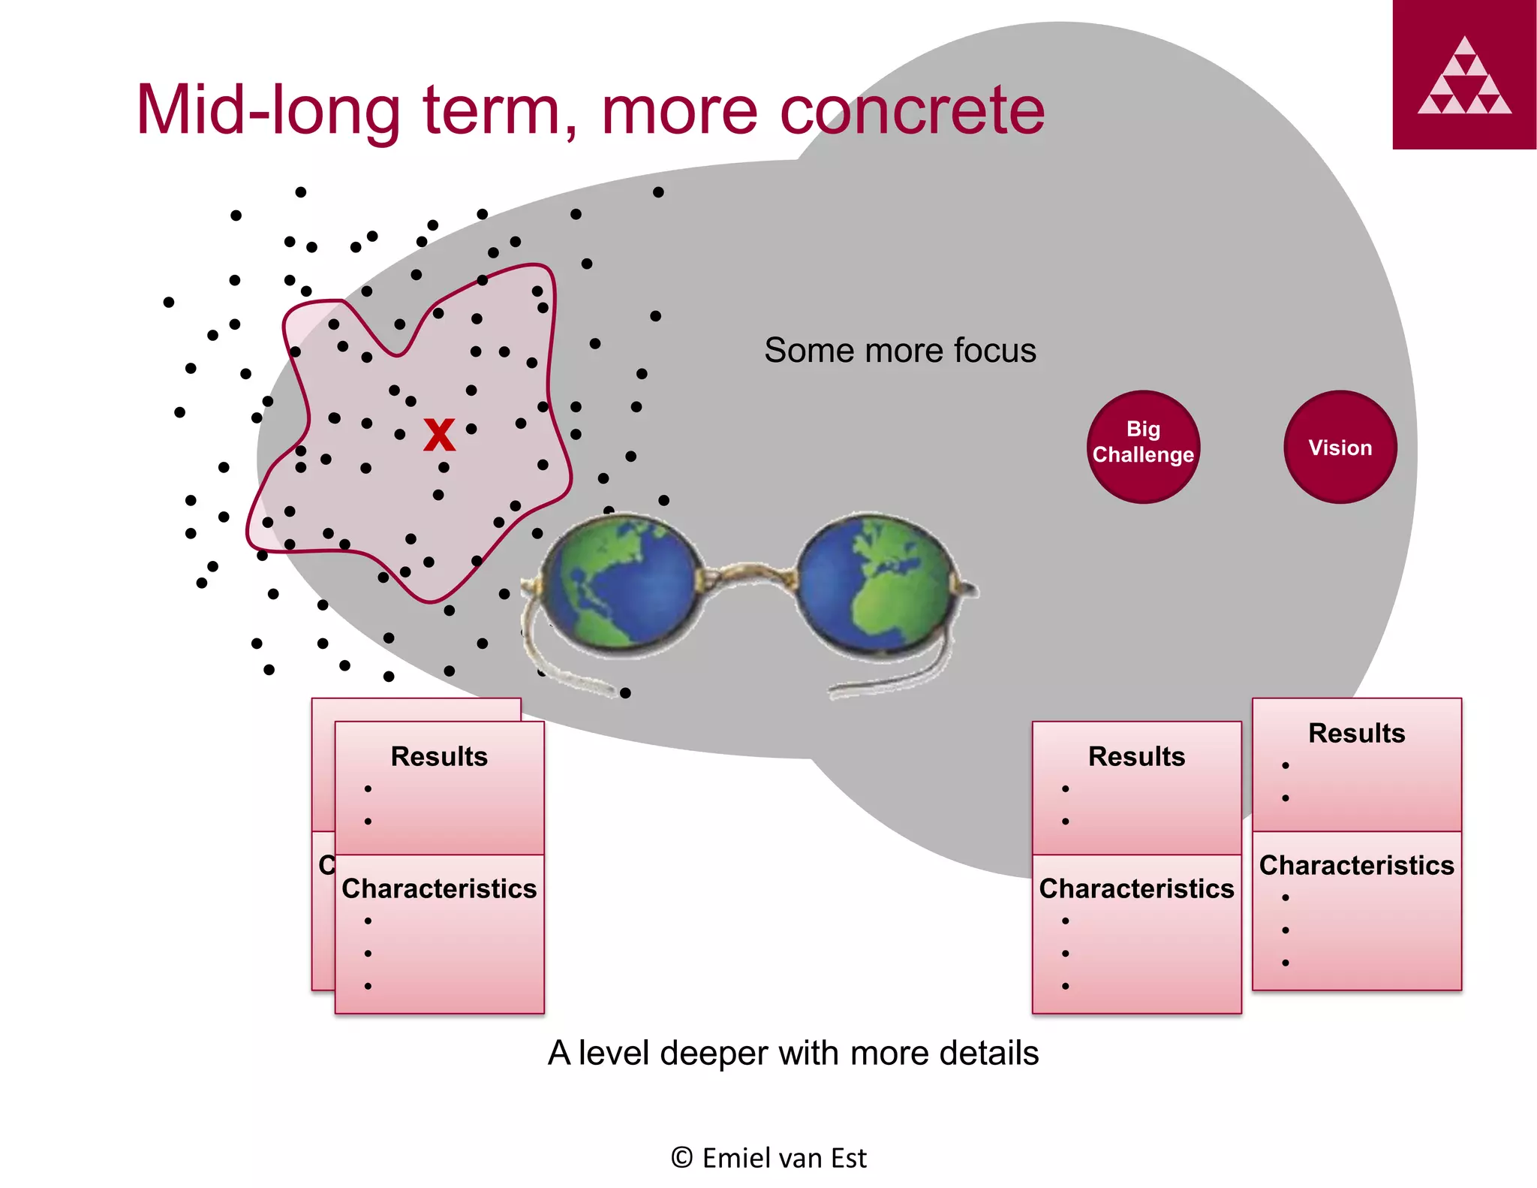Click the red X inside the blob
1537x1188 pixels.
[439, 435]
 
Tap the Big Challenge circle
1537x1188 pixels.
[1143, 447]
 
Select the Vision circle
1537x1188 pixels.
[1340, 447]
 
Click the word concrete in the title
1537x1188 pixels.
[912, 111]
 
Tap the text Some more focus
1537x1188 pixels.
[900, 351]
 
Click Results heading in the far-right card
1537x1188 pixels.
[1356, 733]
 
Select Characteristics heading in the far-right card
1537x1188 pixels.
[1356, 865]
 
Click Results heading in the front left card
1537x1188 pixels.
[439, 756]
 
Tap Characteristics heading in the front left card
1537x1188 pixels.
[439, 888]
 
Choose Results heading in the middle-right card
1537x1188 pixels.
[1136, 756]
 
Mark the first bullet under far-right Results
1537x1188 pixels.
[1286, 766]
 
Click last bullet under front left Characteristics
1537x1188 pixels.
[368, 986]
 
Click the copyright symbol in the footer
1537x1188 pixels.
[681, 1158]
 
